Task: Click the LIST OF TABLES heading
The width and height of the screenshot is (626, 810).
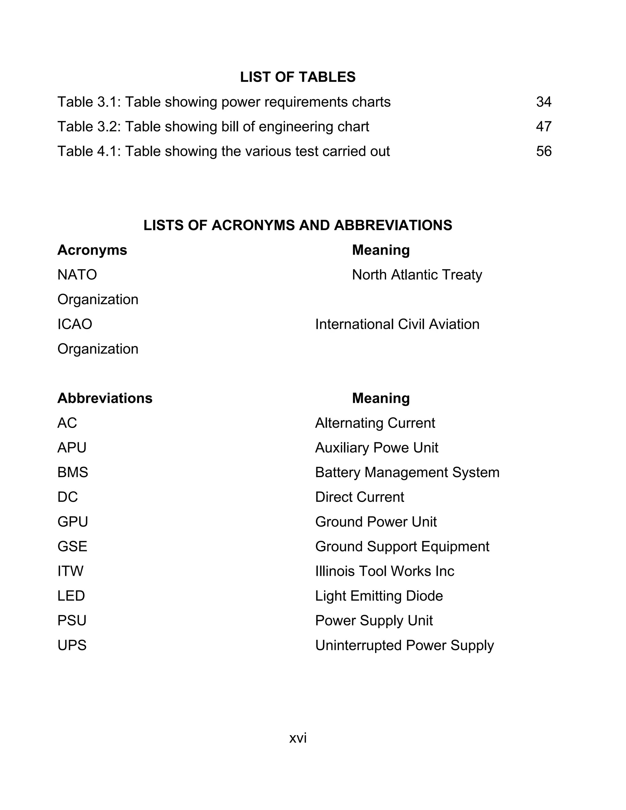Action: pyautogui.click(x=297, y=77)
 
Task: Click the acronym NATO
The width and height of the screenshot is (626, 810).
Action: pyautogui.click(x=77, y=275)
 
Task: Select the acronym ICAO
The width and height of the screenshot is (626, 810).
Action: pyautogui.click(x=75, y=324)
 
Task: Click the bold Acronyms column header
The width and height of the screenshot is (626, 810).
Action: pyautogui.click(x=92, y=250)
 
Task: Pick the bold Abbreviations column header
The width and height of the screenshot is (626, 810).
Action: pyautogui.click(x=105, y=398)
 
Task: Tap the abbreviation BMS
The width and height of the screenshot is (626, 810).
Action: pyautogui.click(x=73, y=473)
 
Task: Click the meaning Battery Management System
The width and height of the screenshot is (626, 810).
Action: pyautogui.click(x=407, y=473)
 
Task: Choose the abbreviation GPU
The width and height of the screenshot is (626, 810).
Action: pyautogui.click(x=73, y=522)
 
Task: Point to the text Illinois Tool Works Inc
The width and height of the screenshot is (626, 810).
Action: pyautogui.click(x=384, y=571)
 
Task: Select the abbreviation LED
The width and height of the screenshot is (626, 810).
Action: pyautogui.click(x=71, y=596)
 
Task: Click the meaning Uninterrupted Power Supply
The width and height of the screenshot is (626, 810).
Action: pyautogui.click(x=404, y=646)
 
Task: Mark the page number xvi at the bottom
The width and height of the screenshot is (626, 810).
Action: pyautogui.click(x=298, y=738)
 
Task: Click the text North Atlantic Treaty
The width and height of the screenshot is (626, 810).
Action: pyautogui.click(x=417, y=275)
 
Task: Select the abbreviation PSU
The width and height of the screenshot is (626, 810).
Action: pyautogui.click(x=72, y=620)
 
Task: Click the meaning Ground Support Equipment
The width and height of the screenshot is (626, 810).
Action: pyautogui.click(x=402, y=547)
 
